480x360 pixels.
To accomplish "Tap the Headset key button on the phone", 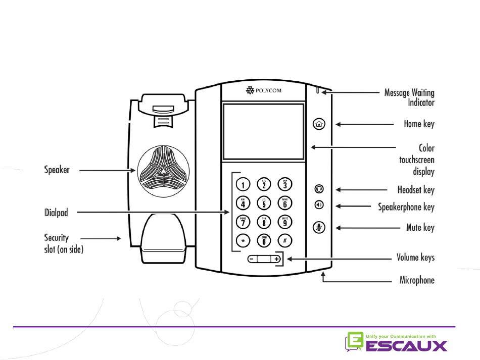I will pyautogui.click(x=319, y=189).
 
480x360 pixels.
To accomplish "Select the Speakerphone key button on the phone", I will pyautogui.click(x=319, y=205).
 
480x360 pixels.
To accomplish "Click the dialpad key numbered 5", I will pyautogui.click(x=263, y=203).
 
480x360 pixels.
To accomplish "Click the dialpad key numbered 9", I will pyautogui.click(x=284, y=221).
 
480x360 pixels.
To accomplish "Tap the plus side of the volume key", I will pyautogui.click(x=276, y=259).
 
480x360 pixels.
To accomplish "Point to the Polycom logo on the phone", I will pyautogui.click(x=263, y=91).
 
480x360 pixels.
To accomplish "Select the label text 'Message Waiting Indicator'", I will pyautogui.click(x=409, y=97).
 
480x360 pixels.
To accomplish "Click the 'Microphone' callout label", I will pyautogui.click(x=416, y=280).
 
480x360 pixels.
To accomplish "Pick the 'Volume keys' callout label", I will pyautogui.click(x=415, y=258).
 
